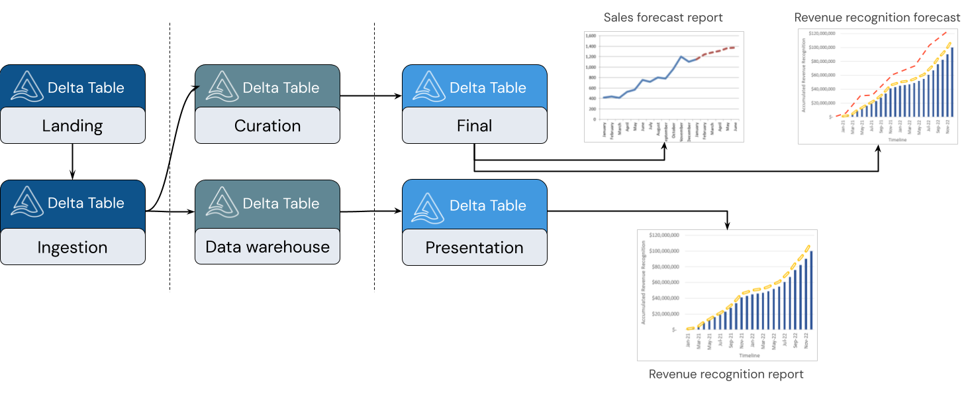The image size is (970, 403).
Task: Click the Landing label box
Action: click(x=73, y=126)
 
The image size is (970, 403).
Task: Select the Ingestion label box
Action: click(x=73, y=247)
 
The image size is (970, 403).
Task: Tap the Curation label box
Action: click(x=267, y=126)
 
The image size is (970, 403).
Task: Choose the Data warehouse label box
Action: click(x=267, y=247)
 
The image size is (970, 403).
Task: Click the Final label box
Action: click(x=474, y=126)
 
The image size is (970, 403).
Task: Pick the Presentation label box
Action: click(x=474, y=247)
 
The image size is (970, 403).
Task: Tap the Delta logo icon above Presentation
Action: click(x=429, y=205)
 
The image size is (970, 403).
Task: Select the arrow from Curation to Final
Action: click(x=371, y=96)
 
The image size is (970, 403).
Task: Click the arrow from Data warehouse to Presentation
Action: click(x=371, y=211)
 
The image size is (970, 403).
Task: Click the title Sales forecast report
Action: click(x=663, y=17)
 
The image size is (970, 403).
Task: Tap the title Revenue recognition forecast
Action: click(x=877, y=17)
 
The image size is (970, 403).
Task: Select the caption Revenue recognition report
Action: click(x=726, y=374)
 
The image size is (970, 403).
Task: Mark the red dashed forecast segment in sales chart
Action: click(x=718, y=50)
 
